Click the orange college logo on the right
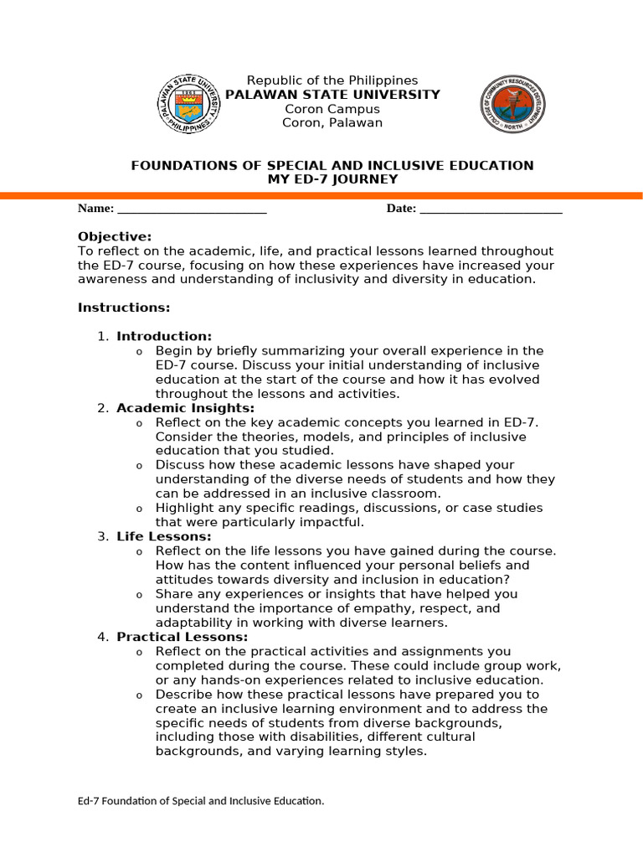[512, 104]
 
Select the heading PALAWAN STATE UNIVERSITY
[332, 95]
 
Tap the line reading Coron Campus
[332, 109]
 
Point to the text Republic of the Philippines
[332, 80]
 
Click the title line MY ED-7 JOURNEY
[332, 179]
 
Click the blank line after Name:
[192, 209]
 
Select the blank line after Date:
[491, 209]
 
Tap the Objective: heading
[115, 237]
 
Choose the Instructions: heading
[124, 308]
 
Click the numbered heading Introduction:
[164, 337]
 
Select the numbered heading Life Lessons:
[164, 536]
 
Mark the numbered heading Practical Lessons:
[183, 637]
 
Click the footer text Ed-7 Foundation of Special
[201, 801]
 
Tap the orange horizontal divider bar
[321, 195]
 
